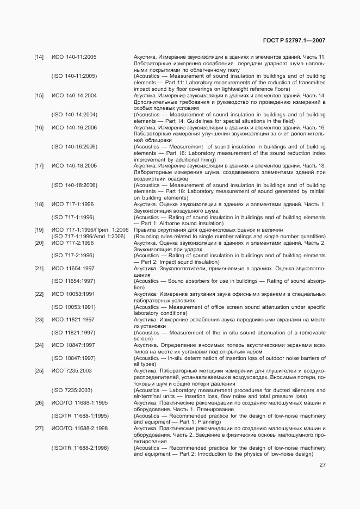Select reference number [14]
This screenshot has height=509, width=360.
click(x=39, y=57)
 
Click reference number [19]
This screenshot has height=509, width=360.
click(x=39, y=230)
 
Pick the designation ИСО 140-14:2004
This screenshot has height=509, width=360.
click(x=74, y=96)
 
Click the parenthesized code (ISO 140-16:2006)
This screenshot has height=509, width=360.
click(x=75, y=147)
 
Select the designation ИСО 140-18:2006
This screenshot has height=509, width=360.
click(x=74, y=166)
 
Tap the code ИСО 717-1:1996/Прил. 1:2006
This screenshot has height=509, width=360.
click(x=90, y=230)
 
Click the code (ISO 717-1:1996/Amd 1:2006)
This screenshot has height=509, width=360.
click(x=90, y=237)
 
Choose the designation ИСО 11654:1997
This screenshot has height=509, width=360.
click(x=73, y=268)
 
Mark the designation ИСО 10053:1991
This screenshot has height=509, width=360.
click(x=73, y=294)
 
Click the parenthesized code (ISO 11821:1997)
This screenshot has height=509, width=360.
click(x=73, y=332)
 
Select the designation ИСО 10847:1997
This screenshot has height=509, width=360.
click(x=73, y=345)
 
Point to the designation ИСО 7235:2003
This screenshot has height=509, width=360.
click(x=72, y=370)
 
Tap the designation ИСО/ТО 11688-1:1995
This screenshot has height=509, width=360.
click(x=79, y=403)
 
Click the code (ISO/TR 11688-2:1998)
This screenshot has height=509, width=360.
click(x=80, y=447)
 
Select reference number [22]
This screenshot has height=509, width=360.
click(x=39, y=294)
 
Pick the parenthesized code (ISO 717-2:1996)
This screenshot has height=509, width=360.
click(x=73, y=256)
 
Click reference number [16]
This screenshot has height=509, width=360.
click(x=39, y=128)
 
